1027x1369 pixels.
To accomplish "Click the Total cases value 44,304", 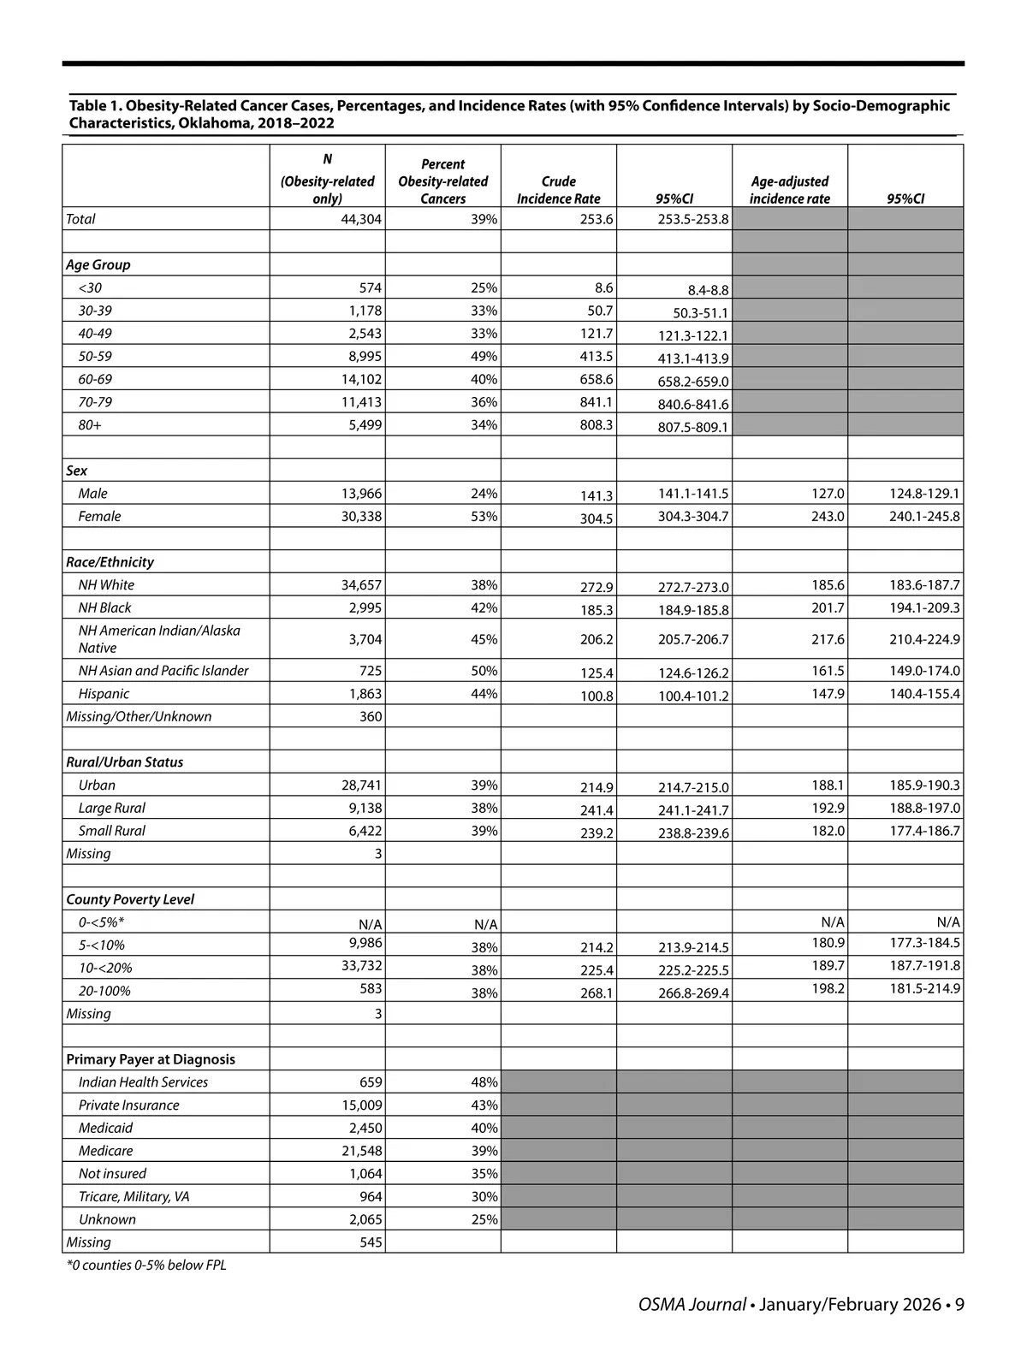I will pos(361,219).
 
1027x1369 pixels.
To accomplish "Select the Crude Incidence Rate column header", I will pos(558,190).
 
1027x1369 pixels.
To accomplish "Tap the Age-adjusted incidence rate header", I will pos(789,190).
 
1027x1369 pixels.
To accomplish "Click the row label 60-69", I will pos(95,379).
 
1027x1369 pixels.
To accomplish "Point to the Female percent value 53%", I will pos(484,516).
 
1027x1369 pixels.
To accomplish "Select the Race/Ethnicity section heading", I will pos(110,562).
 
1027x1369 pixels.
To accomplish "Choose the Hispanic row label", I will pos(104,694).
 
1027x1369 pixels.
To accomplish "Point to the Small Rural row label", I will pos(111,831).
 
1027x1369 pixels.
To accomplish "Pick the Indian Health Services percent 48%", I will pos(484,1082).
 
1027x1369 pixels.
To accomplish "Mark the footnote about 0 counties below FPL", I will pos(146,1265).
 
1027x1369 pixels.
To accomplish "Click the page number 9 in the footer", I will pos(959,1305).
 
